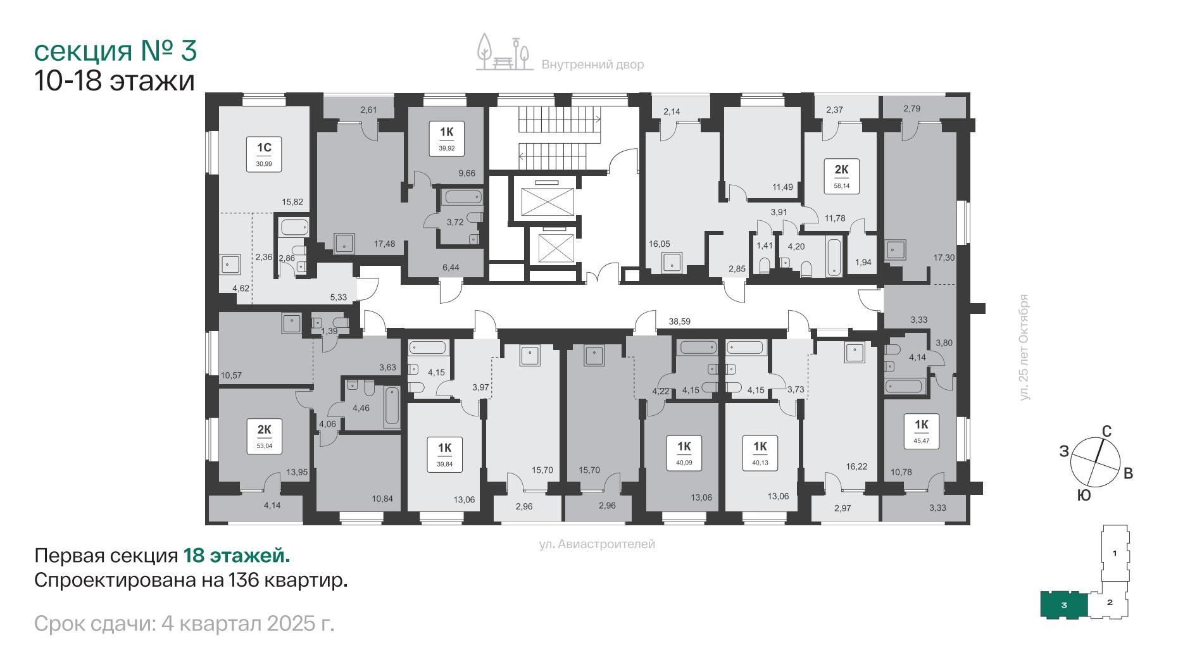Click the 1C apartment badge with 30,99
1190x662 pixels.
click(x=264, y=154)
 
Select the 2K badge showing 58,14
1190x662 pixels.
click(x=842, y=175)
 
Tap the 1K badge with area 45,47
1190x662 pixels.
click(x=922, y=431)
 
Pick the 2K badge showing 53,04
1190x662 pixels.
click(x=264, y=435)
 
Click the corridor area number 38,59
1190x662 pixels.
click(x=680, y=322)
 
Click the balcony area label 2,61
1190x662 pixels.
click(x=369, y=109)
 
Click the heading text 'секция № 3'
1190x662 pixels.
click(x=115, y=51)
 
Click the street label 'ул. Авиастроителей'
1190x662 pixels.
click(x=597, y=544)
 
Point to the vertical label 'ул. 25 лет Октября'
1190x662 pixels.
click(x=1025, y=347)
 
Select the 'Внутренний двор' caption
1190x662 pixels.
click(x=592, y=65)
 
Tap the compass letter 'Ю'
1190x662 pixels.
click(x=1083, y=496)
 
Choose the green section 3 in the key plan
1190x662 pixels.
click(x=1064, y=605)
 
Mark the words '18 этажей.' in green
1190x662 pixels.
click(x=237, y=556)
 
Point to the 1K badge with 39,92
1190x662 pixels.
click(x=447, y=139)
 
